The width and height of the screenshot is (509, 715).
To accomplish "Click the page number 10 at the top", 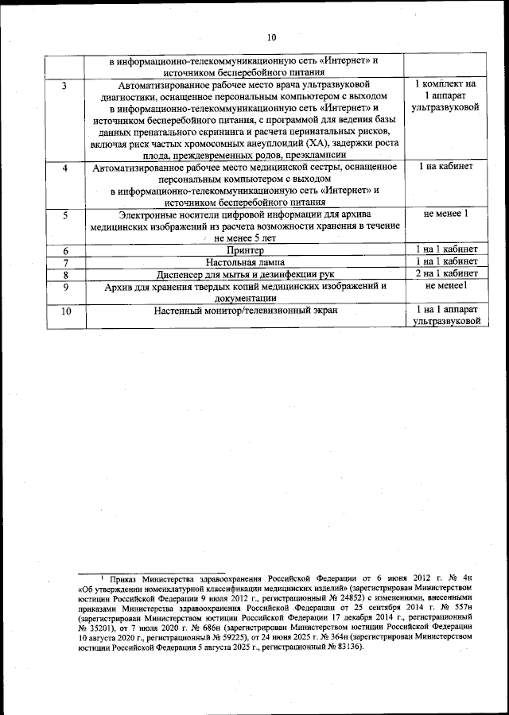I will point(270,37).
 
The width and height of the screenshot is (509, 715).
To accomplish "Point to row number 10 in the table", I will point(66,311).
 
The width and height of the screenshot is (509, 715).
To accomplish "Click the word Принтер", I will point(245,250).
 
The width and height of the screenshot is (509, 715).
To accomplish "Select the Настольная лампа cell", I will point(245,261).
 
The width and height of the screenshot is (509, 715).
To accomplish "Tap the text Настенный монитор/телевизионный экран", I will point(245,311).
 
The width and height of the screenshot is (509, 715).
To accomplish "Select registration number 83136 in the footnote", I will point(345,647).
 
